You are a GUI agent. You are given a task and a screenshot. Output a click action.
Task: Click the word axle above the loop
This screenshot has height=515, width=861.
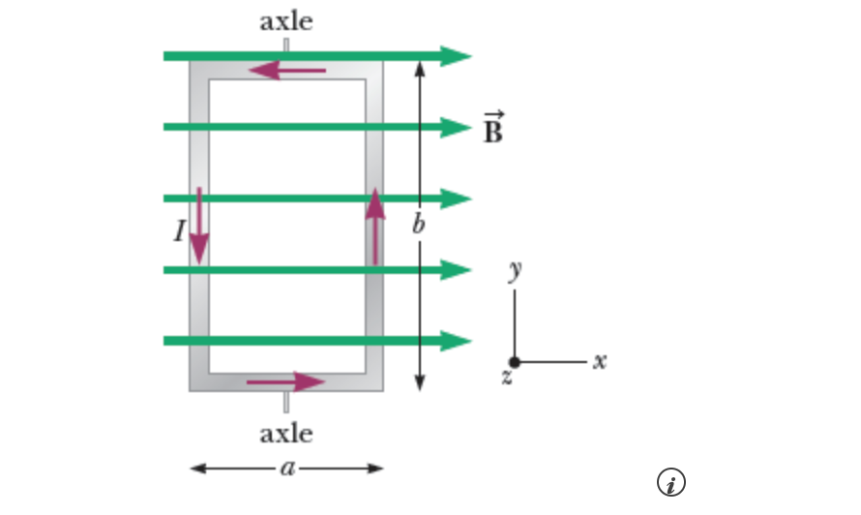point(285,21)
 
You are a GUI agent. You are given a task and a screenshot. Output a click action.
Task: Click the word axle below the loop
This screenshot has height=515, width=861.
point(285,433)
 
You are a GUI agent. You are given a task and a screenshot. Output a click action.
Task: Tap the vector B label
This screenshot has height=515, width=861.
point(493,129)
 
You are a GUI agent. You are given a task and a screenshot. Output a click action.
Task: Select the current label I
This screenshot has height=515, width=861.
point(179,230)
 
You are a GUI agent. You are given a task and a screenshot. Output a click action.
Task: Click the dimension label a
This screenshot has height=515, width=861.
point(286,469)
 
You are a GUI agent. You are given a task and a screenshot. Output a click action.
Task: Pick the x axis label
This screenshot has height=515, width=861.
point(600,361)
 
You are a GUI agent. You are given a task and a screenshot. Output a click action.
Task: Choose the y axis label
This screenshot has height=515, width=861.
point(517,269)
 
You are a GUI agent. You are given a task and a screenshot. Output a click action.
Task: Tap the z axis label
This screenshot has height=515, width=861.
point(506,378)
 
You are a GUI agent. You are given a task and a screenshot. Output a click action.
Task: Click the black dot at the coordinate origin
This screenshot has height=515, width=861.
point(515,362)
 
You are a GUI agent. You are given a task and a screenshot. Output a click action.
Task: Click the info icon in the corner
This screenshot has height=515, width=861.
point(671,482)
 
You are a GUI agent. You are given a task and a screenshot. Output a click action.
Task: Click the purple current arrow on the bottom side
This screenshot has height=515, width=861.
point(285,381)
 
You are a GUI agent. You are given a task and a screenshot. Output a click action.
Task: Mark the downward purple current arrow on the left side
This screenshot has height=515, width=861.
point(199,227)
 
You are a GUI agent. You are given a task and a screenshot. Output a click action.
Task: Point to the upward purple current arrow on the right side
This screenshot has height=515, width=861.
point(374,227)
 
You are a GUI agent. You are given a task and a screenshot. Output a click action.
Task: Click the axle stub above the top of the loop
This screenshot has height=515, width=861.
point(285,45)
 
